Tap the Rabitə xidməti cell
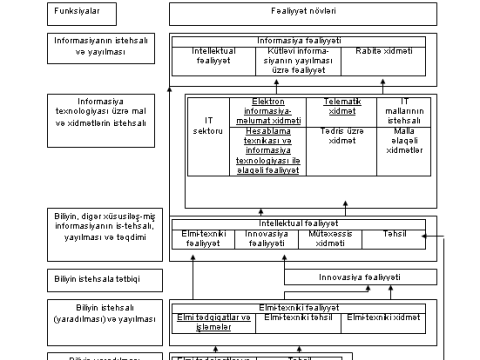tap(384, 50)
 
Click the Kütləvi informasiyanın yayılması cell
tap(299, 61)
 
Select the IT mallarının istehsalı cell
tap(405, 113)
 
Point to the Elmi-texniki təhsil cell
tap(298, 317)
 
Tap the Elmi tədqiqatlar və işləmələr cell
tap(212, 318)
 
